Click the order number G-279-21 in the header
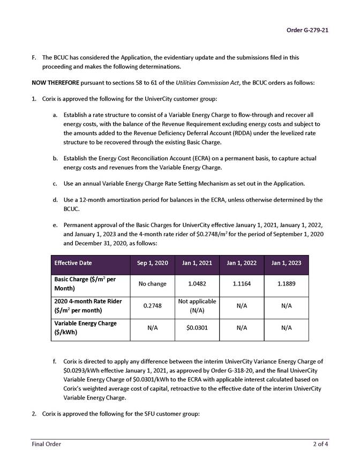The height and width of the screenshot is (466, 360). click(x=307, y=30)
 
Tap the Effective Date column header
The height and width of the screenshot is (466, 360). click(x=73, y=263)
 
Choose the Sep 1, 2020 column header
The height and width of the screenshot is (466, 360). click(x=152, y=263)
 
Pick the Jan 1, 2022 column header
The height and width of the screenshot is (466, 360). click(x=242, y=263)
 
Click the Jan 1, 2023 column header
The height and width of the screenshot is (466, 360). click(x=286, y=263)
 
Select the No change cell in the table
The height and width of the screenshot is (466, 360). click(x=152, y=284)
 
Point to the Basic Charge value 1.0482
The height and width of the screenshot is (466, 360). click(x=197, y=284)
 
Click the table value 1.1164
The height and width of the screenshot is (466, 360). click(x=242, y=284)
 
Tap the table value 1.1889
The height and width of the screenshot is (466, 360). click(x=286, y=284)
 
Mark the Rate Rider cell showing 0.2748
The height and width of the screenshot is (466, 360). click(x=152, y=306)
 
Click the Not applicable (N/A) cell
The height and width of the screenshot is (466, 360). click(x=197, y=306)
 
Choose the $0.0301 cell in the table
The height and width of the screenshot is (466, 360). click(x=197, y=328)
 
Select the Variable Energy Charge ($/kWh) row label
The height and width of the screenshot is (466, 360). click(x=85, y=328)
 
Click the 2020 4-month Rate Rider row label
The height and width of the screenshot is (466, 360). click(x=88, y=306)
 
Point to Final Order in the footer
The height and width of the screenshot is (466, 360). click(x=46, y=444)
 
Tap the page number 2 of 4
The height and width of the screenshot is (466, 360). click(x=321, y=444)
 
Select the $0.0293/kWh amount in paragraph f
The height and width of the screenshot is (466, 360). click(x=85, y=370)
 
